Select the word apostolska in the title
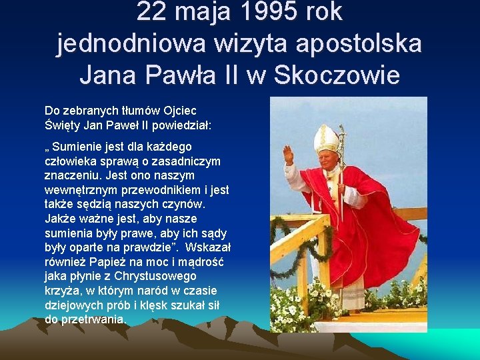pyautogui.click(x=359, y=43)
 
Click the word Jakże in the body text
pyautogui.click(x=59, y=219)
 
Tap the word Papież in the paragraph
pyautogui.click(x=115, y=262)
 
